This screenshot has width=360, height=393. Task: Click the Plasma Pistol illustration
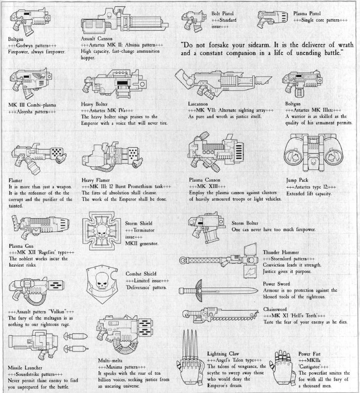click(x=272, y=19)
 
